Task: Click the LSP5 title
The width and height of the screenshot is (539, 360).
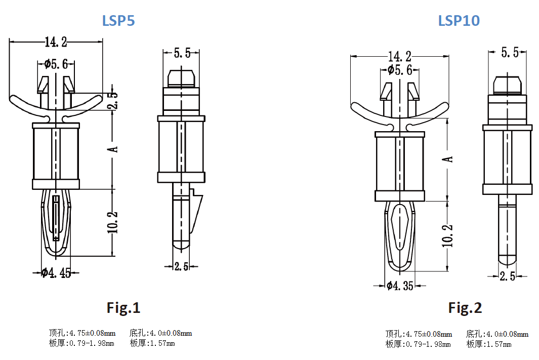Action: coord(118,21)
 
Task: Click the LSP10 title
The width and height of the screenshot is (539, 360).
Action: coord(459,21)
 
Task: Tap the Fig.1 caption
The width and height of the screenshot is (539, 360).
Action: coord(123,307)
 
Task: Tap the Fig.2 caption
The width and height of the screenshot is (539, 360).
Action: coord(465,307)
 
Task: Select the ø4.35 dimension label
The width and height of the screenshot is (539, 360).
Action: coord(400,286)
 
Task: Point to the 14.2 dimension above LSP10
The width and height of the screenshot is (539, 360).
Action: coord(399,57)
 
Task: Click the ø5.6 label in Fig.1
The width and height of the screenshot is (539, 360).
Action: coord(56,64)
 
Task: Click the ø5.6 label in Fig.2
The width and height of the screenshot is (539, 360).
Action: coord(400,70)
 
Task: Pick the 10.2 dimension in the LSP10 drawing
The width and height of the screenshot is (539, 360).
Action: coord(448,235)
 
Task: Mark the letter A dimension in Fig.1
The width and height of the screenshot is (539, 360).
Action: coord(114,149)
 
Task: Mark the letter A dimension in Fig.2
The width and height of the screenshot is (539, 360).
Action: coord(448,159)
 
